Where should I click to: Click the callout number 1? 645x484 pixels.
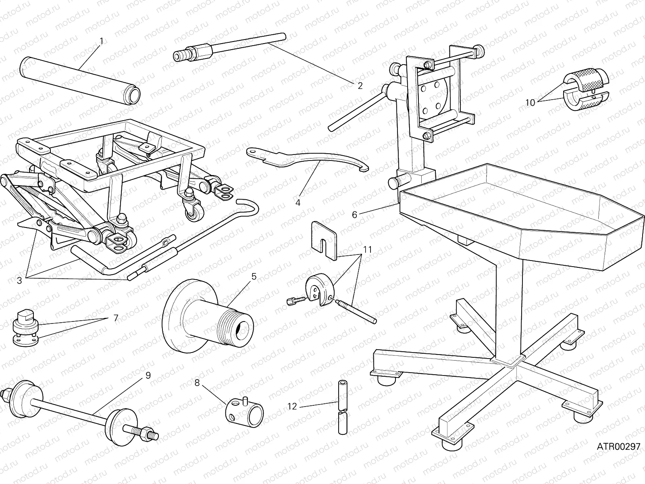tap(102, 41)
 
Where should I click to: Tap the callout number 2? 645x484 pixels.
tap(360, 86)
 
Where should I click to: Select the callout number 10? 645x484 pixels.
tap(530, 103)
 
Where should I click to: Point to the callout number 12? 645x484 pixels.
tap(292, 406)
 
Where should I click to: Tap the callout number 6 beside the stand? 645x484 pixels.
tap(354, 215)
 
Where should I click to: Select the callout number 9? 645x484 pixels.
tap(148, 376)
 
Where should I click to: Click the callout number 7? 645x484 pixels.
tap(116, 318)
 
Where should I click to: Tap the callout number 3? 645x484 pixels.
tap(19, 280)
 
